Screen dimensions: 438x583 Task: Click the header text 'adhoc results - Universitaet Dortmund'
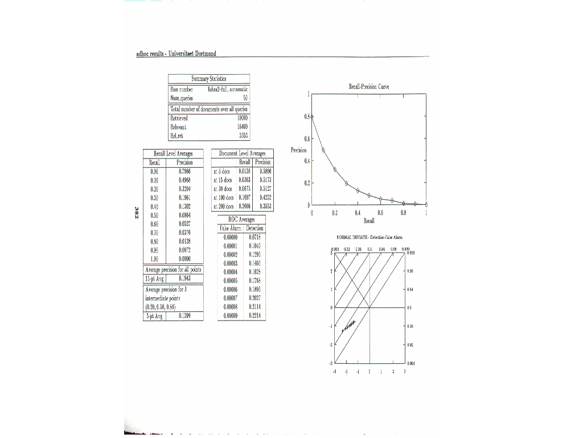[176, 54]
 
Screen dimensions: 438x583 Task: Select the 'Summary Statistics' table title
[209, 79]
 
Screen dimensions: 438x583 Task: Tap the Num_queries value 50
[245, 98]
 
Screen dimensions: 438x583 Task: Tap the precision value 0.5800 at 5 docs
[265, 171]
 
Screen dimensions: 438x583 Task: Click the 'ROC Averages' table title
[241, 220]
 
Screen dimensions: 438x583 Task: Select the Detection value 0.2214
[254, 315]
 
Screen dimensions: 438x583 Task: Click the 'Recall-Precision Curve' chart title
[368, 87]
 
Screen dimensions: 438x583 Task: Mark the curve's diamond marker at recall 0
[312, 116]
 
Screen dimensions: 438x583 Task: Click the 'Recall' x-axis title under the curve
[368, 220]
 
